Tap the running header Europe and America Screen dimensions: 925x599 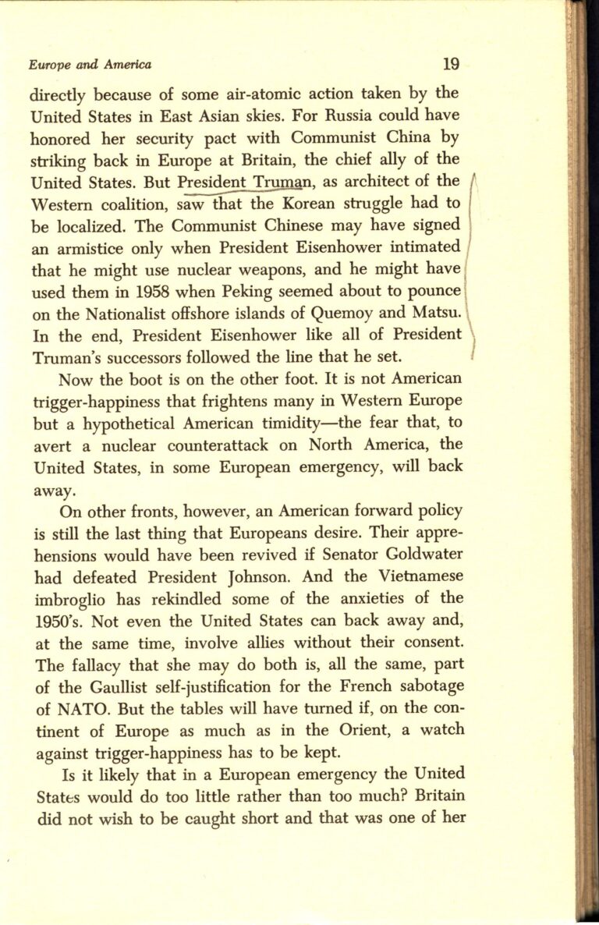click(90, 66)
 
